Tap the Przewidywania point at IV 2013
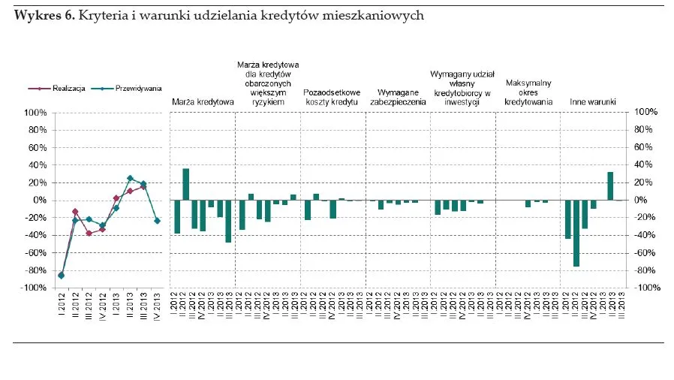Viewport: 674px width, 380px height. coord(157,221)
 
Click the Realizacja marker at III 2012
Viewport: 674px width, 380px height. coord(89,233)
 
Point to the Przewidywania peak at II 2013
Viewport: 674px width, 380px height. coord(130,178)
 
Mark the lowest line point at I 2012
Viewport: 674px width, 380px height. coord(62,276)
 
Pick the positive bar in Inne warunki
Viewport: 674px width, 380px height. coord(610,186)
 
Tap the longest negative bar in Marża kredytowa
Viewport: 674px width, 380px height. coord(228,221)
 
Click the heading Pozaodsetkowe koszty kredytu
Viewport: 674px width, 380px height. coord(332,97)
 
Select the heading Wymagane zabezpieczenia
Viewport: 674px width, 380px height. coord(398,97)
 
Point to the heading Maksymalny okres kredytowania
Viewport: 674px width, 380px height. coord(528,92)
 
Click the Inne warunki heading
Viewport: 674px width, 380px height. coord(593,101)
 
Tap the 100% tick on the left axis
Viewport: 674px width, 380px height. coord(36,113)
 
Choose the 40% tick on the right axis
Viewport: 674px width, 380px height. coord(645,165)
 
